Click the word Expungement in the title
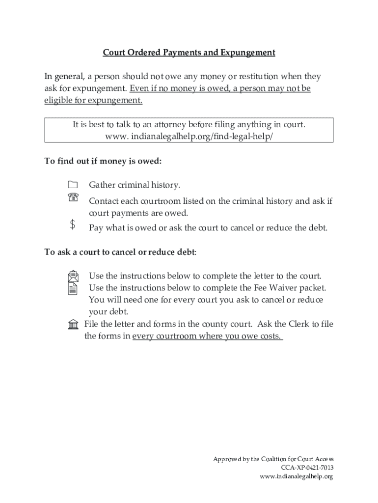(247, 53)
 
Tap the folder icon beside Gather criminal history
(73, 185)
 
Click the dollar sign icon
(73, 225)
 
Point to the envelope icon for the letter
(73, 276)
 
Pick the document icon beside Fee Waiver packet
(73, 288)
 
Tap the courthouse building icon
(73, 324)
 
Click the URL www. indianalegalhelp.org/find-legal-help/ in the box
(189, 136)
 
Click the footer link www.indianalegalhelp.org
(297, 476)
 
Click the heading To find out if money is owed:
(103, 161)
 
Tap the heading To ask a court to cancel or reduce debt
(120, 252)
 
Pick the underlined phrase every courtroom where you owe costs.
(208, 336)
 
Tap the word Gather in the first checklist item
(102, 185)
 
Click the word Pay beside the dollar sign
(96, 228)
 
